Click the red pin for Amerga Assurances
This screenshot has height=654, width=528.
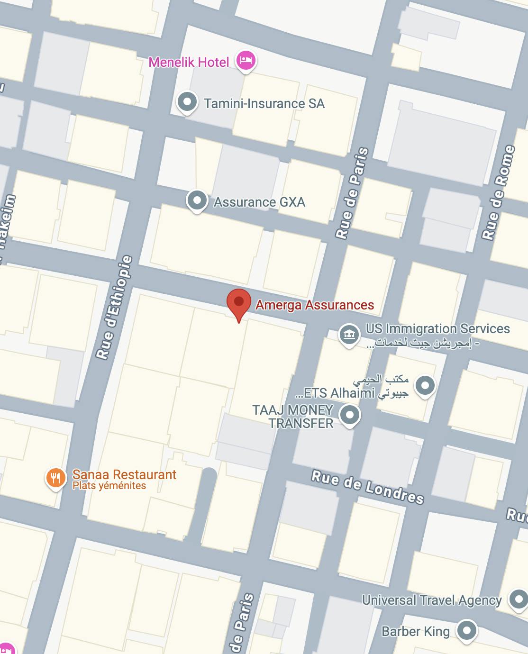pyautogui.click(x=238, y=302)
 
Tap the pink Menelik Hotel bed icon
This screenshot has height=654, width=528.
pyautogui.click(x=246, y=61)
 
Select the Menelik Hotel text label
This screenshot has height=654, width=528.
pyautogui.click(x=189, y=62)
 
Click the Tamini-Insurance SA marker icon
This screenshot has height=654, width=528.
pyautogui.click(x=187, y=102)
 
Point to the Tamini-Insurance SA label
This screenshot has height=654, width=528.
pyautogui.click(x=264, y=104)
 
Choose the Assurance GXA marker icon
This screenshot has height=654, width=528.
pyautogui.click(x=197, y=200)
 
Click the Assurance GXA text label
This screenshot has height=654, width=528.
pyautogui.click(x=259, y=202)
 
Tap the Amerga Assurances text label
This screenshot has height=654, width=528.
pyautogui.click(x=315, y=305)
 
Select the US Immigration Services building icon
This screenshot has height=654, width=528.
pyautogui.click(x=349, y=335)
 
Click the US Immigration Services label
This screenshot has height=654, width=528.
pyautogui.click(x=437, y=329)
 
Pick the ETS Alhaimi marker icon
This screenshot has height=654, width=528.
pyautogui.click(x=425, y=385)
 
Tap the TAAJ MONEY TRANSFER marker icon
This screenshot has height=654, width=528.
pyautogui.click(x=350, y=415)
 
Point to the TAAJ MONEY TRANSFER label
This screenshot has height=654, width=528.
pyautogui.click(x=293, y=417)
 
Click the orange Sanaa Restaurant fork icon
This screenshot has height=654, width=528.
pyautogui.click(x=55, y=477)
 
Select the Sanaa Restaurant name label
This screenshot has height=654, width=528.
pyautogui.click(x=124, y=474)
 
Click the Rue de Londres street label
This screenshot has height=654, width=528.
pyautogui.click(x=367, y=486)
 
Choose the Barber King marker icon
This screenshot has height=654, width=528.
pyautogui.click(x=467, y=630)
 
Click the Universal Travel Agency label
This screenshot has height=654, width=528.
pyautogui.click(x=432, y=600)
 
